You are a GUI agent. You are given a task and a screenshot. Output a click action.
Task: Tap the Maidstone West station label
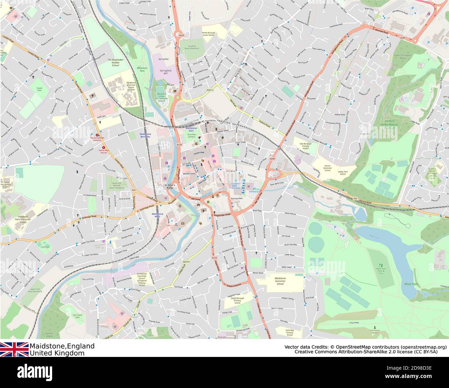(x=157, y=215)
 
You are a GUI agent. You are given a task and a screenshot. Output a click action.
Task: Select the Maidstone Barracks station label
(x=145, y=135)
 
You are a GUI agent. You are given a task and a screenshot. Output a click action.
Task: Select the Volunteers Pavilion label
(x=374, y=331)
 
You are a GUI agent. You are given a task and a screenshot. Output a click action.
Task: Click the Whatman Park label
(x=142, y=70)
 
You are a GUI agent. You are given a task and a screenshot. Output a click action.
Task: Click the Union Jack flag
(x=14, y=349)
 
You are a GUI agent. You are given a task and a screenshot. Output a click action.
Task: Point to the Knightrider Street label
(x=224, y=215)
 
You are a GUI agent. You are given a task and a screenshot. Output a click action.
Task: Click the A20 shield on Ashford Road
(x=355, y=198)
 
